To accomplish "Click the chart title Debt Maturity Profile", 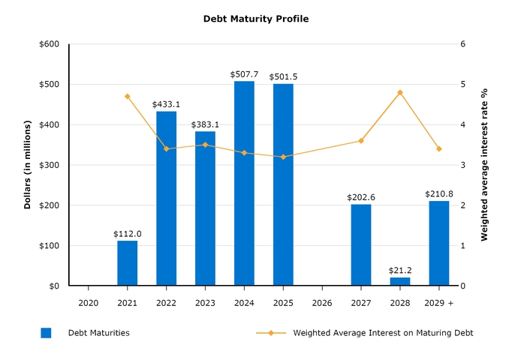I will pyautogui.click(x=255, y=19).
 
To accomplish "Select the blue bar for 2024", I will pyautogui.click(x=244, y=184).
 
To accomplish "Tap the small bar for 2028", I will pyautogui.click(x=400, y=282).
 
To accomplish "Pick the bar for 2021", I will pyautogui.click(x=128, y=263).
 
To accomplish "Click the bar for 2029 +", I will pyautogui.click(x=439, y=244).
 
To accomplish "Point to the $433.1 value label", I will pyautogui.click(x=166, y=104).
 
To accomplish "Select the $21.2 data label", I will pyautogui.click(x=400, y=270).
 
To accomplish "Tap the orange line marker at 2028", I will pyautogui.click(x=400, y=92).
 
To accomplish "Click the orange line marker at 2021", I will pyautogui.click(x=128, y=96).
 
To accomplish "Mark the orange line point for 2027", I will pyautogui.click(x=361, y=141).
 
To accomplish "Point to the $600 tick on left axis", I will pyautogui.click(x=50, y=44).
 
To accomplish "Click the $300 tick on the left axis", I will pyautogui.click(x=50, y=165).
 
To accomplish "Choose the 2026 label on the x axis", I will pyautogui.click(x=322, y=302).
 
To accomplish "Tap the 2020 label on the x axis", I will pyautogui.click(x=89, y=302).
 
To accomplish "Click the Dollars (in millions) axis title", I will pyautogui.click(x=28, y=164).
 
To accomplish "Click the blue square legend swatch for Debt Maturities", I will pyautogui.click(x=46, y=333).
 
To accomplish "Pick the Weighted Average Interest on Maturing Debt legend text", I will pyautogui.click(x=383, y=333).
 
